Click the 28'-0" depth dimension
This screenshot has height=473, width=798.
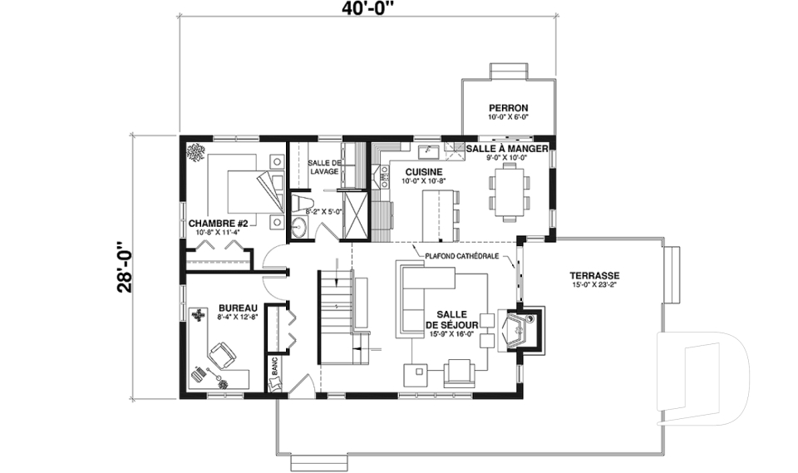tap(124, 267)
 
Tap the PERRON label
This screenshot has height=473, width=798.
tap(509, 108)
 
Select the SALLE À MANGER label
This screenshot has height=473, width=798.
tap(507, 149)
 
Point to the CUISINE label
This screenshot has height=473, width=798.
tap(423, 172)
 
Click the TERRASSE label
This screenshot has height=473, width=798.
tap(594, 276)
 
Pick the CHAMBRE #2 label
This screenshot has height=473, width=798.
tap(218, 224)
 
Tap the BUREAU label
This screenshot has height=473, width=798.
tap(238, 308)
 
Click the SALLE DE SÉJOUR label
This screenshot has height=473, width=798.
tap(451, 320)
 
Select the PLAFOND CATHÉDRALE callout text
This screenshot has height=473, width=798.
tap(462, 257)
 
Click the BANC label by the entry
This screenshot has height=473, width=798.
tap(275, 366)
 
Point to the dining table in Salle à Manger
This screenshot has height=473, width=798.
tap(510, 195)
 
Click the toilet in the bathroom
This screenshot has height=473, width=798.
tap(300, 203)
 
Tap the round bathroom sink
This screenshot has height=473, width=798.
tap(298, 227)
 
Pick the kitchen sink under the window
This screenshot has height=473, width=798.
tap(428, 152)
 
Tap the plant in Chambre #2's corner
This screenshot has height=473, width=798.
tap(195, 152)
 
